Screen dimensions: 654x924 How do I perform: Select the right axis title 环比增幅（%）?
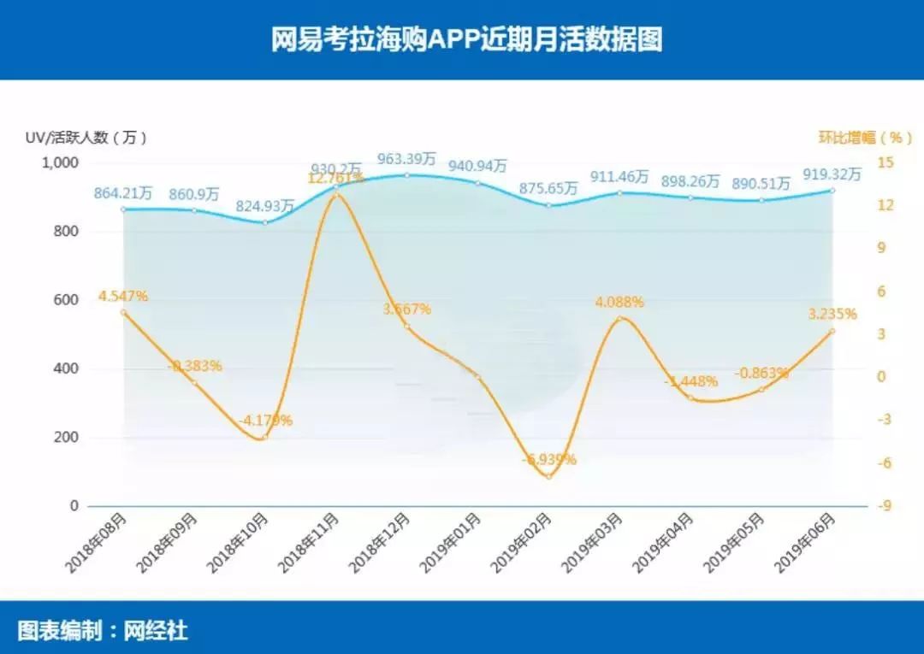coord(865,137)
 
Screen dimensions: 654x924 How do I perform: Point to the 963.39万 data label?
coord(407,159)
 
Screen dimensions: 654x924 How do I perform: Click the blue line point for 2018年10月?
coord(265,222)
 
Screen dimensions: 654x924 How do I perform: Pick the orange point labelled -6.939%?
coord(548,476)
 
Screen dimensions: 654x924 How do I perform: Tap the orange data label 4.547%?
coord(123,297)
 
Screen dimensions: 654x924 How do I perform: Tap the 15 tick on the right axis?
coord(885,162)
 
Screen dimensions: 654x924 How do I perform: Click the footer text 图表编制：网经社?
coord(103,632)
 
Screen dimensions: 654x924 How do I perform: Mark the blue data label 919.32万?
coord(832,174)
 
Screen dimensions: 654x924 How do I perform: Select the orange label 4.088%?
coord(619,302)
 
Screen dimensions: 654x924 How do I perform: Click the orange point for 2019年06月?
coord(832,331)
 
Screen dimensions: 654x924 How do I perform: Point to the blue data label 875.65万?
coord(548,189)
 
